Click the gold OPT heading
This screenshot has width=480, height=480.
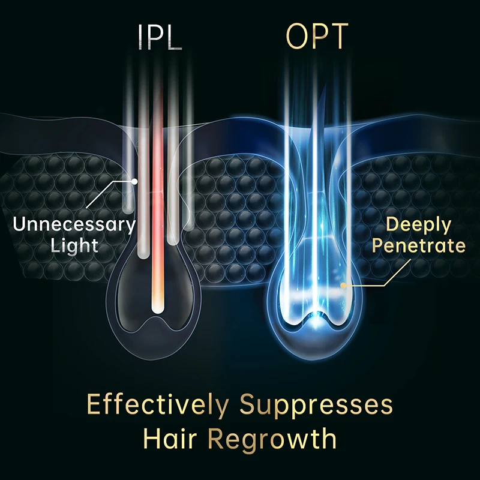coord(317,37)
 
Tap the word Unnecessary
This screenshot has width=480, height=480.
coord(74,226)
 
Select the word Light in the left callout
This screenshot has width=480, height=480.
coord(74,246)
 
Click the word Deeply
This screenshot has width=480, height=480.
coord(418,225)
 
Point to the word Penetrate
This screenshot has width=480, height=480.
coord(418,245)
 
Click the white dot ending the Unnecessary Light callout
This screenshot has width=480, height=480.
coord(135,181)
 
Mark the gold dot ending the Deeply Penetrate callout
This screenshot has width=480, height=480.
coord(343,285)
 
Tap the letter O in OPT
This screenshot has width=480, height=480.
coord(297,37)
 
